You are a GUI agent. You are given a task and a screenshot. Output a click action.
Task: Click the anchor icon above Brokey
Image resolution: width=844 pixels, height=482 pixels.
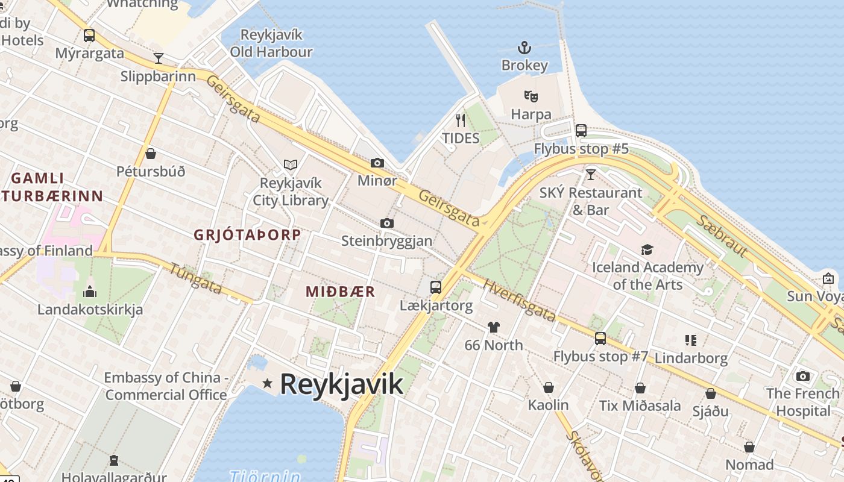[524, 48]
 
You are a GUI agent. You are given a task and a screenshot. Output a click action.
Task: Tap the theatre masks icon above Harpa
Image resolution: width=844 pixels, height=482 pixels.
[531, 96]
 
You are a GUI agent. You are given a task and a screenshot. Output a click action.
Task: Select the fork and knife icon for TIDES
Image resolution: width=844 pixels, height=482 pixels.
[461, 120]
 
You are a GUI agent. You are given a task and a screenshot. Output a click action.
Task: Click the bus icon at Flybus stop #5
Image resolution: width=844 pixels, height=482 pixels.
[581, 130]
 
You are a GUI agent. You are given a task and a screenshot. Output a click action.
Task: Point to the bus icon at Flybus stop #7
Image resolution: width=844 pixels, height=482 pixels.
[600, 338]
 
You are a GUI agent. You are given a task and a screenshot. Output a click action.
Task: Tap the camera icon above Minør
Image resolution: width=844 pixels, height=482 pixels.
[377, 163]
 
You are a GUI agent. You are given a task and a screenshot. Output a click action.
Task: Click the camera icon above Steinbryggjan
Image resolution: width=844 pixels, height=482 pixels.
[387, 224]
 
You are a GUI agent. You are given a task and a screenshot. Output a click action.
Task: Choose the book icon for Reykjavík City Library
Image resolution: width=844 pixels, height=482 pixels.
[291, 164]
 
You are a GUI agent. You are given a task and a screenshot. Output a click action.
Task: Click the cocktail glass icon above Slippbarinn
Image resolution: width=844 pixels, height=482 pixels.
[159, 58]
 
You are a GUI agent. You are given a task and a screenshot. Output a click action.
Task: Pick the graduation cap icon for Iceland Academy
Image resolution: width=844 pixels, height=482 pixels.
[647, 249]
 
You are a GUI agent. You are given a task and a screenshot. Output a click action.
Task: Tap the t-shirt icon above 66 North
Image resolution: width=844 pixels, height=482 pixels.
[494, 327]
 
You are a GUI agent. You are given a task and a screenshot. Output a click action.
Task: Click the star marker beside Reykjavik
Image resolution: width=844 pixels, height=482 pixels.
[267, 383]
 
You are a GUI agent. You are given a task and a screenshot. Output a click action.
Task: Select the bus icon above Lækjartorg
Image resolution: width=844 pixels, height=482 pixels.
[436, 287]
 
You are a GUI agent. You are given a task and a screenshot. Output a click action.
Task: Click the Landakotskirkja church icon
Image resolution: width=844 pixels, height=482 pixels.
[90, 292]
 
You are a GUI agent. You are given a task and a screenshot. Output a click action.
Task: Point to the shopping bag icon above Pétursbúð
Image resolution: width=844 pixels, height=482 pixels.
[151, 154]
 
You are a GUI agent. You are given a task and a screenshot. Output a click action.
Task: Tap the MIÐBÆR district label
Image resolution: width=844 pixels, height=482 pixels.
[341, 292]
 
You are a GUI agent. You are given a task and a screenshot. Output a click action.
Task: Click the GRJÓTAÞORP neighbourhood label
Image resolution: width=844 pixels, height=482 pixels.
[247, 235]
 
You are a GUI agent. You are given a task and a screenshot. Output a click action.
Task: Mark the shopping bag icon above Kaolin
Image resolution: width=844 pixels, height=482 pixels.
[549, 387]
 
